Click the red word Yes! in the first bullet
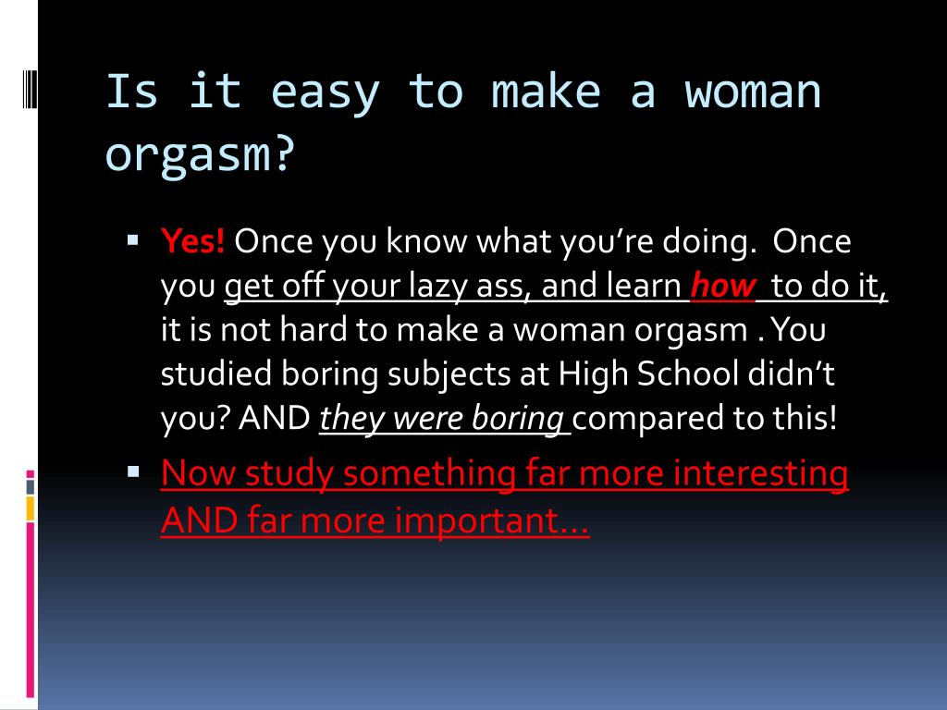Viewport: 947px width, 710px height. pyautogui.click(x=192, y=241)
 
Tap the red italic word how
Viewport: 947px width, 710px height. pyautogui.click(x=722, y=285)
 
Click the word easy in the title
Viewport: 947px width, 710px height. pyautogui.click(x=325, y=93)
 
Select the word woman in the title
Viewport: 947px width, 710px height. pyautogui.click(x=752, y=92)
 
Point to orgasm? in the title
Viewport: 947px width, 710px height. pyautogui.click(x=200, y=155)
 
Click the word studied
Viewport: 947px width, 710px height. pyautogui.click(x=216, y=373)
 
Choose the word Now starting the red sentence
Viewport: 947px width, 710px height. pyautogui.click(x=198, y=472)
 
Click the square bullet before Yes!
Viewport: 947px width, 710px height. pyautogui.click(x=133, y=241)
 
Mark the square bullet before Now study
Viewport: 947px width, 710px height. pyautogui.click(x=133, y=471)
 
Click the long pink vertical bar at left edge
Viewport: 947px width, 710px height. pyautogui.click(x=31, y=610)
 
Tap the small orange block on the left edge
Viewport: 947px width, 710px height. pyautogui.click(x=31, y=508)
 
